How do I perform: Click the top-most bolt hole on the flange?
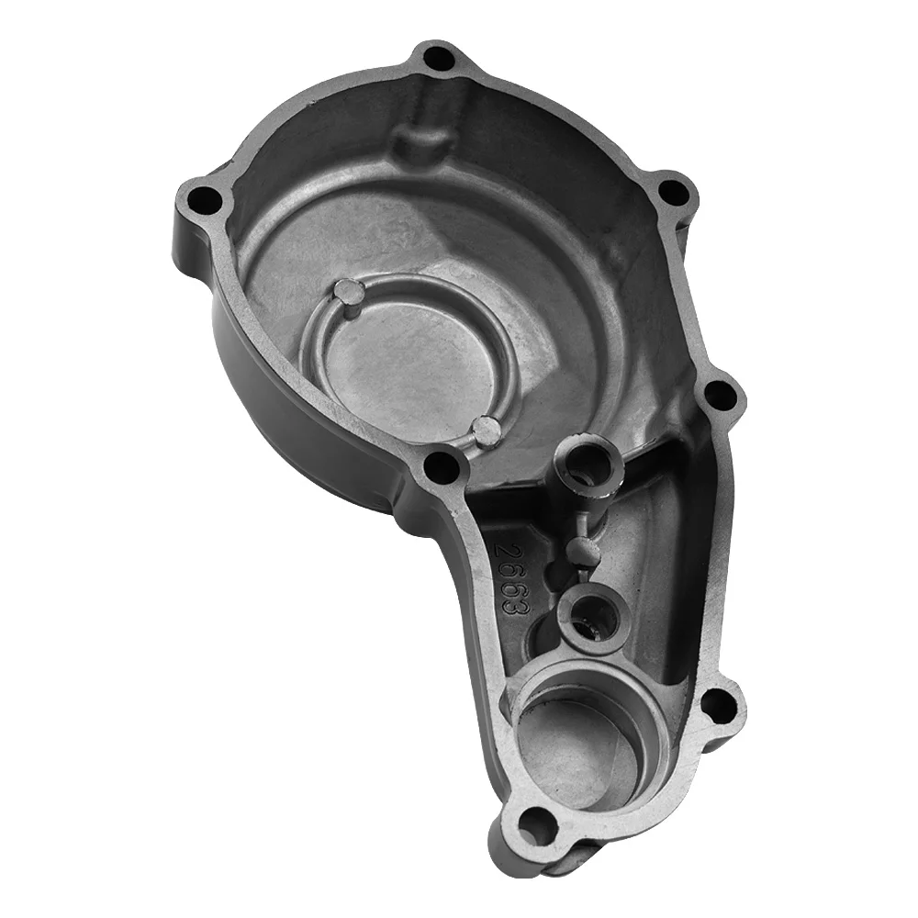tap(437, 60)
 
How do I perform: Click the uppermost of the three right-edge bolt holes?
tap(673, 191)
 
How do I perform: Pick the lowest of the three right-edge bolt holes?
tap(719, 707)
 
